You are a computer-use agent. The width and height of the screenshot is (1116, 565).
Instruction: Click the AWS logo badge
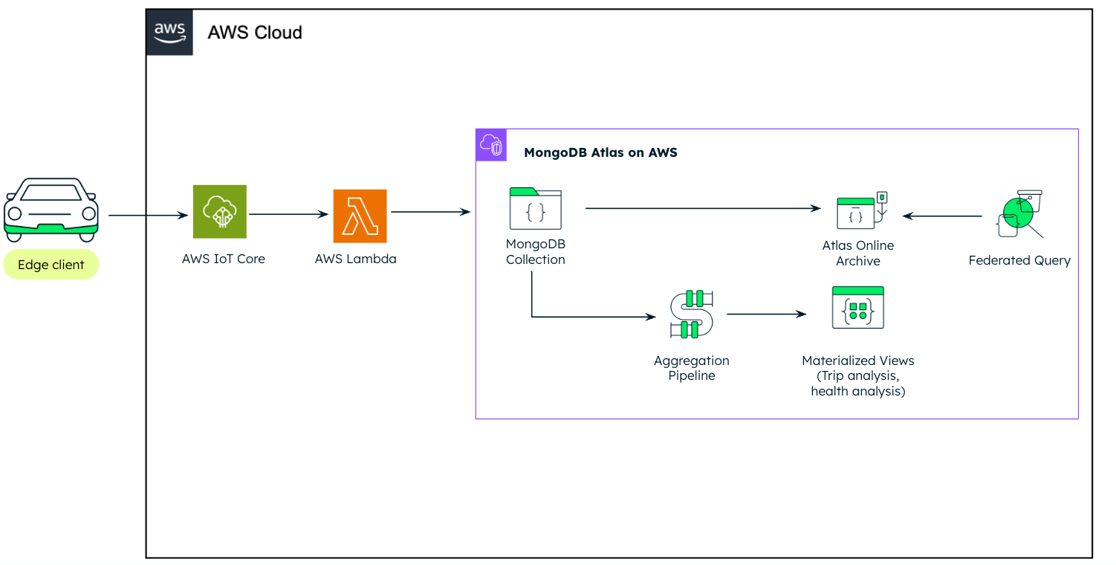coord(169,32)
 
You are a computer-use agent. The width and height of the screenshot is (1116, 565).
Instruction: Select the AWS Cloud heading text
coord(255,33)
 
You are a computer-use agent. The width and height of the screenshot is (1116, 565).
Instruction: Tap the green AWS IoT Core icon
coord(220,211)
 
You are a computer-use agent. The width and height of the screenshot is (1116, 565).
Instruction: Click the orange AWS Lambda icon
coord(360,216)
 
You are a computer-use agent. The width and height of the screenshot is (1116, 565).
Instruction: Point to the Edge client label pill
coord(51,265)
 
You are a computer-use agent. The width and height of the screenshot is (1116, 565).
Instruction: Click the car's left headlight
coord(15,213)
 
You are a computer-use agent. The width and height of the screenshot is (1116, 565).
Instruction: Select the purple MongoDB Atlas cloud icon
coord(491,145)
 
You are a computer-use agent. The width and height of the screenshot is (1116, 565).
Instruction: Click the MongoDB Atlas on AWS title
coord(600,152)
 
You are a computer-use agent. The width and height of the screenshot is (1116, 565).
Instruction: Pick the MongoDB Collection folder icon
coord(536,208)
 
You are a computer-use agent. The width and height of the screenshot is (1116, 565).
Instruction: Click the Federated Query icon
coord(1020,213)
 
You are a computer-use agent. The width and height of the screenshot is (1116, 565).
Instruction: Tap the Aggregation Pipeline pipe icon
coord(692,314)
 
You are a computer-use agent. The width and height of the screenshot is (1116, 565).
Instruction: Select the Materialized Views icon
coord(858,307)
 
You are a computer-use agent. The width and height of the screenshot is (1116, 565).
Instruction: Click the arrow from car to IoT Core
coord(148,216)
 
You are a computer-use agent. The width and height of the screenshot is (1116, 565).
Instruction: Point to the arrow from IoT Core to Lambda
coord(288,214)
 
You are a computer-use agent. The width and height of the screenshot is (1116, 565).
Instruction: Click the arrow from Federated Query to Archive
coord(942,216)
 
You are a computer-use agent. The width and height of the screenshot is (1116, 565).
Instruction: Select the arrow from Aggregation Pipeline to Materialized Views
coord(766,314)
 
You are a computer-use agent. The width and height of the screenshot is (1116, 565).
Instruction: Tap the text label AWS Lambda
coord(356,259)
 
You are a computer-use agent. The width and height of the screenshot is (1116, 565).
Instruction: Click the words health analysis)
coord(858,391)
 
